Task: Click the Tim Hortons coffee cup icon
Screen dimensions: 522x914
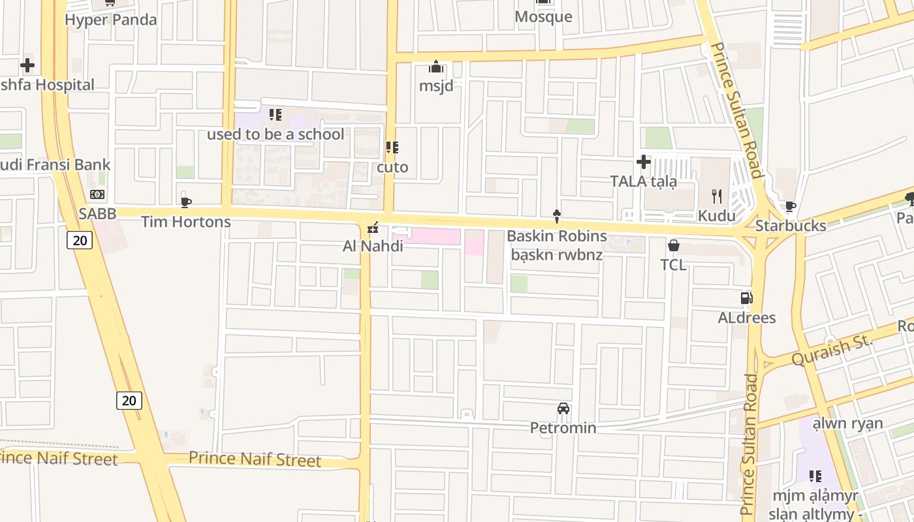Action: [x=186, y=202]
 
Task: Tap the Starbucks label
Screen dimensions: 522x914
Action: [x=791, y=226]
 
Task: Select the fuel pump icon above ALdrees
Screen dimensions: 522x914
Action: [x=746, y=298]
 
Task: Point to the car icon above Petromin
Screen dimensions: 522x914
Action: [x=563, y=408]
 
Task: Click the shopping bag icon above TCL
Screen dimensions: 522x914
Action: [x=673, y=245]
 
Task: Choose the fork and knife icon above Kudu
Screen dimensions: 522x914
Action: [x=717, y=196]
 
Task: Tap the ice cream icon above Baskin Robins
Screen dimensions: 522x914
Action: [x=556, y=216]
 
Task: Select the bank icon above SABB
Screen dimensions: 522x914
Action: [x=97, y=194]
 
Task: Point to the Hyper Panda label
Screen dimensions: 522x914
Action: [x=111, y=20]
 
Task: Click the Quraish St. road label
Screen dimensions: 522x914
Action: [x=832, y=350]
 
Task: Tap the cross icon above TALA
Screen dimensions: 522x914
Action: [x=644, y=161]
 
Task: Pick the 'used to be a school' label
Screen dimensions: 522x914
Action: [x=276, y=134]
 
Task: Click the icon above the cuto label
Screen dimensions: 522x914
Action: [x=392, y=147]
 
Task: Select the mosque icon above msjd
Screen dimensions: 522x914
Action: [x=436, y=67]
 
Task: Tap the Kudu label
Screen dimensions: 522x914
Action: [x=717, y=215]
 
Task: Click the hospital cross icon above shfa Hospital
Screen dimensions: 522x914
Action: [x=27, y=65]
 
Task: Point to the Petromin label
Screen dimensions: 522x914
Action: [x=563, y=428]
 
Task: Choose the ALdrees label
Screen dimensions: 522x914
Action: [x=747, y=318]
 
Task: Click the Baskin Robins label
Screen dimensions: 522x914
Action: [x=557, y=236]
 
